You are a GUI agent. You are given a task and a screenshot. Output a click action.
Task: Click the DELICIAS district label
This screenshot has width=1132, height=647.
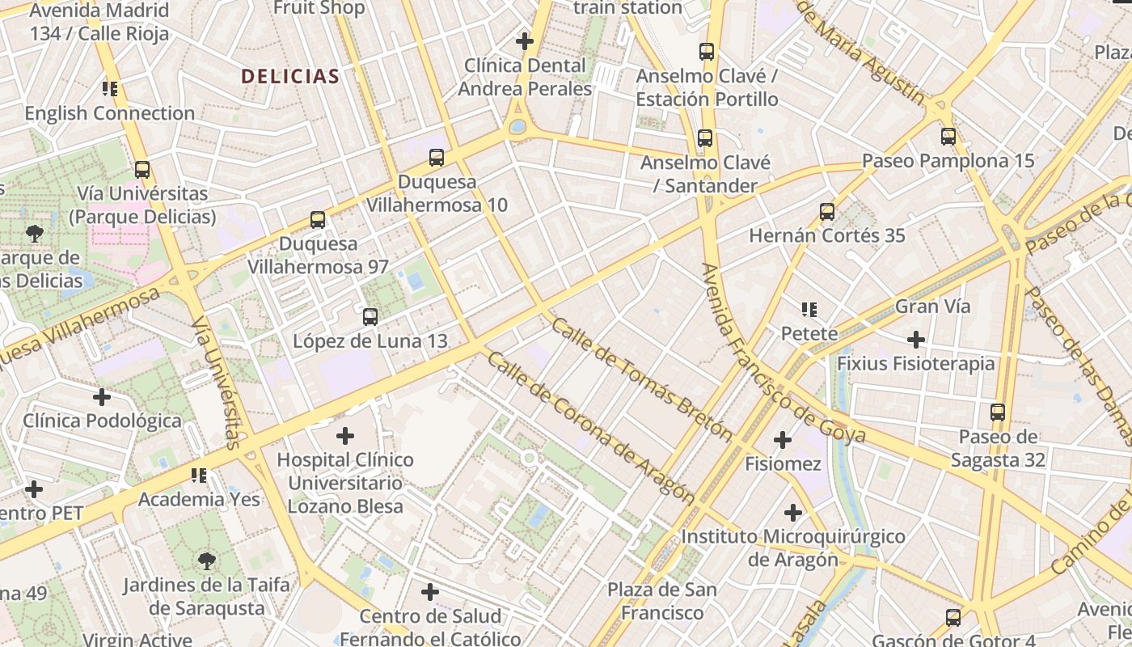coord(290,77)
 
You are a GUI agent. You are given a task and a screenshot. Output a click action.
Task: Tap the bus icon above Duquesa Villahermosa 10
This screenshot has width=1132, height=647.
coord(437,157)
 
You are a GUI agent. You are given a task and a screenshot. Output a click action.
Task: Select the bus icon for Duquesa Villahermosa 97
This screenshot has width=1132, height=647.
coord(318,219)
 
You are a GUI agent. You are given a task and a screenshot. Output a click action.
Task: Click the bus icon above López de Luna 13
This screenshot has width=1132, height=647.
coord(370,316)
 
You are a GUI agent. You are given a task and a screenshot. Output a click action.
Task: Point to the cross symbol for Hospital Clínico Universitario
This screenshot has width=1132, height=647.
coord(345,436)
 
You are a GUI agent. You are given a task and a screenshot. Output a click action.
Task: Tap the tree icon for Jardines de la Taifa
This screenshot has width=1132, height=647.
coord(206,560)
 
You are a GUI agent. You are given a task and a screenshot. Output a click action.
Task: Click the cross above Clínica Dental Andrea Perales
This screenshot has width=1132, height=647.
coord(525,40)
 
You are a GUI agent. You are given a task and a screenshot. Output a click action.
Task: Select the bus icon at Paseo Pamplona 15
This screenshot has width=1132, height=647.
coord(948,136)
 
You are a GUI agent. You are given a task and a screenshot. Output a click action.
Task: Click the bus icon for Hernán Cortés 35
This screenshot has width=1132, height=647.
coord(826,211)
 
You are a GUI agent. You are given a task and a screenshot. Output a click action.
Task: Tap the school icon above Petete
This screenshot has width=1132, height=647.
coord(809,309)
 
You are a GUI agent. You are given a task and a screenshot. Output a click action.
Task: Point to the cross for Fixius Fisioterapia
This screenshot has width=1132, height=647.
coord(915,339)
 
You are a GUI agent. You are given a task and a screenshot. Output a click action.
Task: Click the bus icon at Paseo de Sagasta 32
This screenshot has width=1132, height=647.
coord(998,412)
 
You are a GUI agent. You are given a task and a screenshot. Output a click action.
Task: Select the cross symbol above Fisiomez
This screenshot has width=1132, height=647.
coord(782,440)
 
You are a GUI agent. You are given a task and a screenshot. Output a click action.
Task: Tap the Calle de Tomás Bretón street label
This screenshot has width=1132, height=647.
coord(643,379)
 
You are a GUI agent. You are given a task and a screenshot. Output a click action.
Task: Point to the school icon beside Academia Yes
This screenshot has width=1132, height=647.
coord(199,475)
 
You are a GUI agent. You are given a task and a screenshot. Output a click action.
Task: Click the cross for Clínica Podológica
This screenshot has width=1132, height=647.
coord(102,396)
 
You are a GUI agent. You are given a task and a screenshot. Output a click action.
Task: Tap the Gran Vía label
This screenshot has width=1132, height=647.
coord(932,307)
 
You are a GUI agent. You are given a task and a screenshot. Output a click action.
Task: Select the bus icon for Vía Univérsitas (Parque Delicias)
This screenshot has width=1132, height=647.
coord(142,169)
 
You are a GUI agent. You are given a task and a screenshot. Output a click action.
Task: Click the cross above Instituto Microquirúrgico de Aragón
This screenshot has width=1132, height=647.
coord(792,513)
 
